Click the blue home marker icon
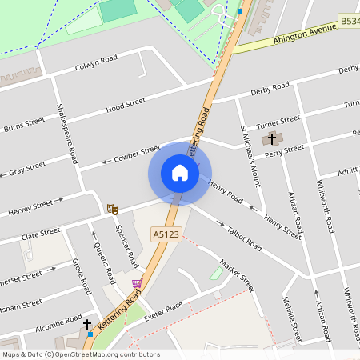point(180,173)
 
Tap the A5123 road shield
point(166,234)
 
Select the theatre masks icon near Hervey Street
point(113,209)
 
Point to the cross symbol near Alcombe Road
point(88,326)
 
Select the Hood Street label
point(126,103)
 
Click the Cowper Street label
point(138,151)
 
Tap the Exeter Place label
point(164,311)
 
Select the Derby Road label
point(270,86)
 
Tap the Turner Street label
point(278,122)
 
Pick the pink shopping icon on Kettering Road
point(136,283)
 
